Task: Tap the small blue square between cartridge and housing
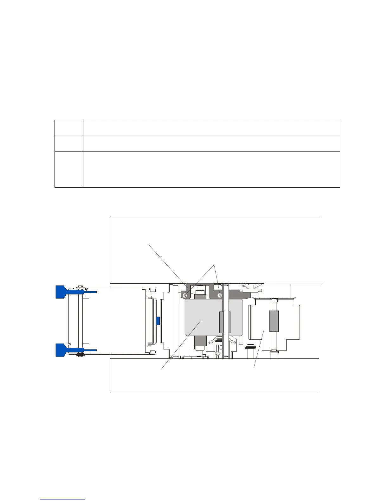coord(157,321)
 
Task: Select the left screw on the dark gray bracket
coord(186,295)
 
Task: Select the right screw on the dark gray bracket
coord(219,295)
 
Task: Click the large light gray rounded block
coord(203,317)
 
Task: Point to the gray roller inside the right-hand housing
coord(274,321)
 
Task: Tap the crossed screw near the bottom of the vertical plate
coord(217,353)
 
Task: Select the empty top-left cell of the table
coord(69,128)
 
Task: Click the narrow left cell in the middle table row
coord(69,144)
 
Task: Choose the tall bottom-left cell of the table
coord(69,170)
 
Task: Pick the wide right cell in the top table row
coord(211,128)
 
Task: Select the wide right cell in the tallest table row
coord(211,170)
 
